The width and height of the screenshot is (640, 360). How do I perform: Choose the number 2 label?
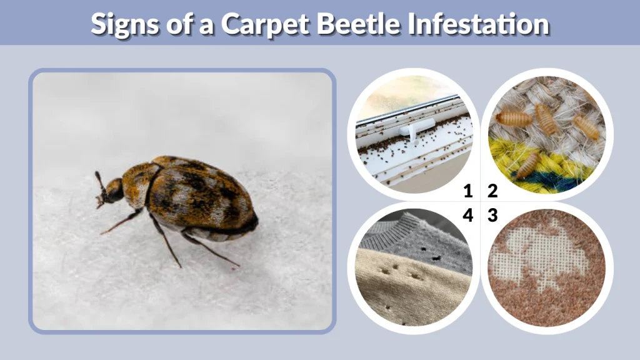click(492, 190)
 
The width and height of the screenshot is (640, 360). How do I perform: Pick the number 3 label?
click(492, 215)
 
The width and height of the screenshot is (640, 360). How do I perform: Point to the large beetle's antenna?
click(99, 181)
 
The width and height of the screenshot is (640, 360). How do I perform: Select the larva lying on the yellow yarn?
click(527, 164)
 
